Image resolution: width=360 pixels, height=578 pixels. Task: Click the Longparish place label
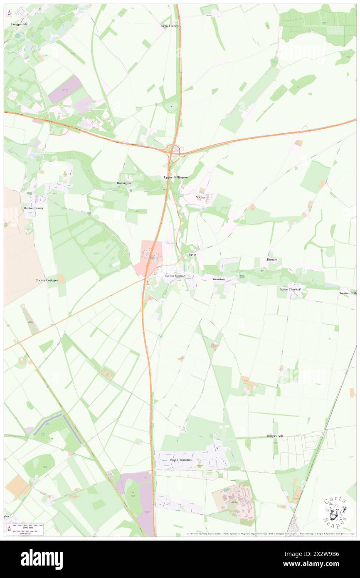point(19,25)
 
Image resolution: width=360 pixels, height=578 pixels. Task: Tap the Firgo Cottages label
point(170,26)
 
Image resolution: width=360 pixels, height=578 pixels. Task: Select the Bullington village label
point(124,183)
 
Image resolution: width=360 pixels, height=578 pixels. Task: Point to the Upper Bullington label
point(175,177)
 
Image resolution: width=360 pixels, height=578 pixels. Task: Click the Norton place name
point(201,197)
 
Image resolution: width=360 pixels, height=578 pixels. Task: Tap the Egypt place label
point(192,254)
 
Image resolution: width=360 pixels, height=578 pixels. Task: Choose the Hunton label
point(272,259)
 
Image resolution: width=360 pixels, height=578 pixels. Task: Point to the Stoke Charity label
point(290,289)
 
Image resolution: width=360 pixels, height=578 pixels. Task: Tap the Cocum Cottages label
point(47,280)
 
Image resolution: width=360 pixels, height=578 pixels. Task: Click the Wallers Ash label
point(275,436)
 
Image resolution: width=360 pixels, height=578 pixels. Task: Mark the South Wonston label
point(181,460)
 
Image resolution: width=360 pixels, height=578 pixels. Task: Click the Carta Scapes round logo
point(335,512)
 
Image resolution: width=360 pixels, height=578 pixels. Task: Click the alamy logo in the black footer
point(42,559)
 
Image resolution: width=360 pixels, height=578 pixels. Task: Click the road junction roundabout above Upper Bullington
point(173,148)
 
